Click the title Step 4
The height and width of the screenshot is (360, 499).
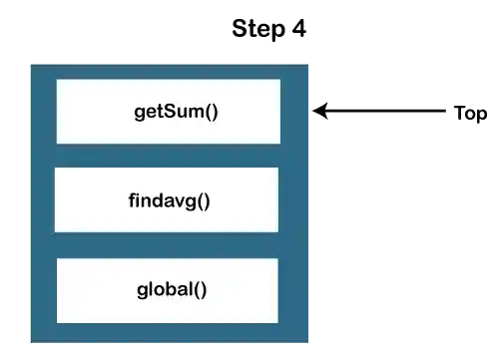[x=269, y=28]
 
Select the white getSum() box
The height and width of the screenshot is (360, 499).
[x=168, y=111]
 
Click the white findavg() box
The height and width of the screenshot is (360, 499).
[x=167, y=199]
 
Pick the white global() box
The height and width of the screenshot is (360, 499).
[x=167, y=290]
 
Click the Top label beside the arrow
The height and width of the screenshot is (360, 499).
[x=470, y=114]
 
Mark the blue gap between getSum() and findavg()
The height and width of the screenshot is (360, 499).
[x=167, y=156]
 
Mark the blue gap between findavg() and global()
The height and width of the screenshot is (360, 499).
[x=167, y=245]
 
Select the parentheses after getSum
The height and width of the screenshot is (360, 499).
[x=211, y=111]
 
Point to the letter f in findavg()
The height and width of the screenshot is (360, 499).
[x=132, y=199]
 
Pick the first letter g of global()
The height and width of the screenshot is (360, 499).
[x=142, y=291]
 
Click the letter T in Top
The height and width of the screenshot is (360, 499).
[x=459, y=114]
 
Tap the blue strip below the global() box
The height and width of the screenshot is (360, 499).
[x=167, y=333]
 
